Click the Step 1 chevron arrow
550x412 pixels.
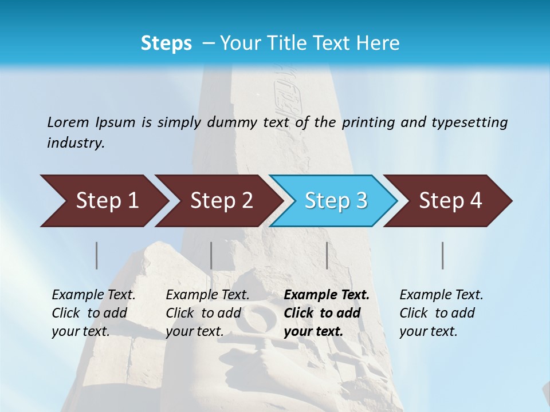pos(107,201)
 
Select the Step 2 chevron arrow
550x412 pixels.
pos(221,201)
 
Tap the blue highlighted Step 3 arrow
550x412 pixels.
pos(336,201)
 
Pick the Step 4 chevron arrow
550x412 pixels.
pos(450,201)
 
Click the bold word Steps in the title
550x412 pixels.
pos(166,43)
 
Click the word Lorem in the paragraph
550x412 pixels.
pos(68,122)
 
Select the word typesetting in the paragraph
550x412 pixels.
pos(473,122)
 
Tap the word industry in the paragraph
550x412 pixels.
pos(76,143)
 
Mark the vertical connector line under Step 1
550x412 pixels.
pos(97,255)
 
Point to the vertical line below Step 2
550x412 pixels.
pos(211,255)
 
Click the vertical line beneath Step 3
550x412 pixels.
pos(327,255)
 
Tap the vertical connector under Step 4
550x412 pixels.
pos(443,255)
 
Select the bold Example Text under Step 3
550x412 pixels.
pos(327,313)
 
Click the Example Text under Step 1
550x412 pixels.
pos(93,313)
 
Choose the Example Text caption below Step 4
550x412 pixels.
pos(441,313)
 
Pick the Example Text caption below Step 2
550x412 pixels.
pos(207,313)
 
